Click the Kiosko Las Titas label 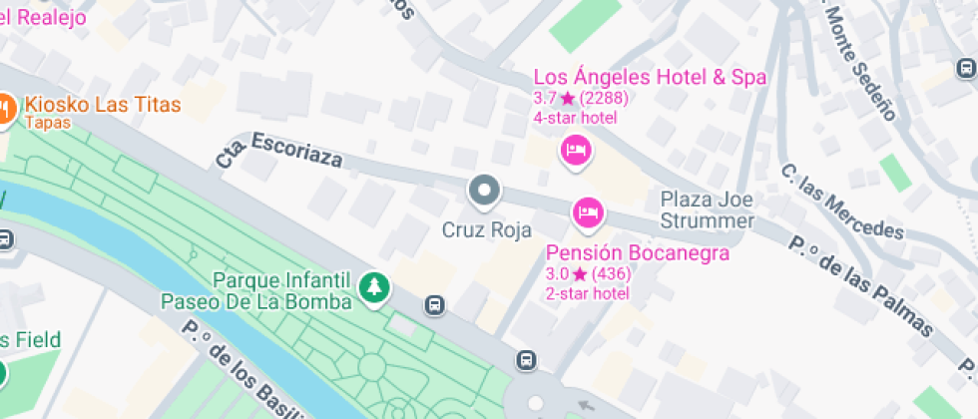point(103,104)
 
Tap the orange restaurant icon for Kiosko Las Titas point(5,107)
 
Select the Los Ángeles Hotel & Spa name point(650,78)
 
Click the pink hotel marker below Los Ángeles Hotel point(577,152)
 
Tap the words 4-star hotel point(576,118)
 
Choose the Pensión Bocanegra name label point(637,253)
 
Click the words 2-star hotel point(587,293)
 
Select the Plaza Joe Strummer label point(707,209)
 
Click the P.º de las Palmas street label point(861,285)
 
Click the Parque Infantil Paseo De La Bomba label point(256,290)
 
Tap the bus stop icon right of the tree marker point(434,304)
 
